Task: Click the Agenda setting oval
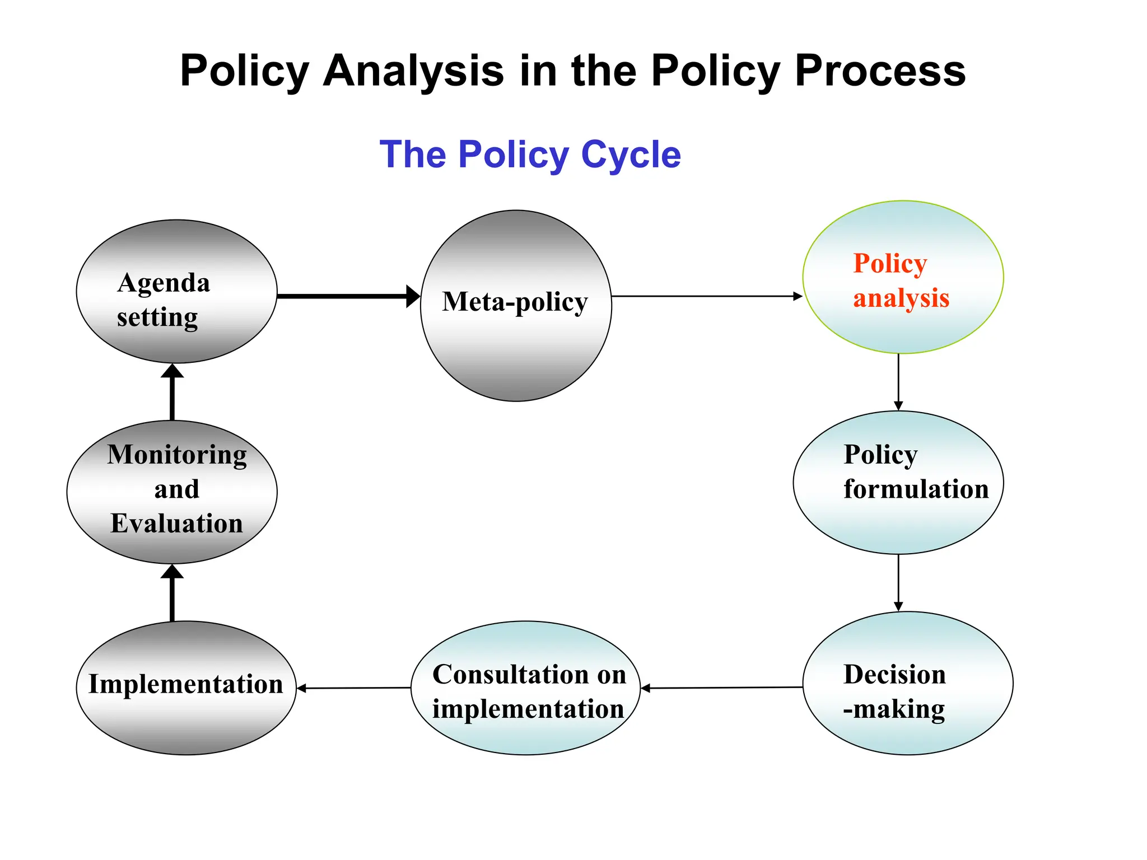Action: (x=176, y=291)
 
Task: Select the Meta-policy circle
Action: (x=516, y=306)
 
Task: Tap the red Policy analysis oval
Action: (x=903, y=277)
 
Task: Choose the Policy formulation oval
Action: (x=898, y=483)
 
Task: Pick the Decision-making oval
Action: (x=907, y=683)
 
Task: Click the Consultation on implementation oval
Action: (x=525, y=688)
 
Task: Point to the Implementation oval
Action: (x=186, y=688)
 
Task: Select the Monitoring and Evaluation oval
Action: (x=172, y=492)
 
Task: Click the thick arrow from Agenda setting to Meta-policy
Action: (x=347, y=296)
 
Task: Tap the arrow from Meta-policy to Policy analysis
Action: (x=706, y=296)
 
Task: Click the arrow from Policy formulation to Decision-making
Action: (x=898, y=582)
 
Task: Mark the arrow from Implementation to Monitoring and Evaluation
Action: (x=172, y=593)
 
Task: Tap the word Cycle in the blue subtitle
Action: (x=631, y=155)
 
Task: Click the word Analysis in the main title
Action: (x=413, y=71)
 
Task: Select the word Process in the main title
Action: (x=880, y=71)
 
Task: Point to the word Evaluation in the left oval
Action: (x=176, y=524)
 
